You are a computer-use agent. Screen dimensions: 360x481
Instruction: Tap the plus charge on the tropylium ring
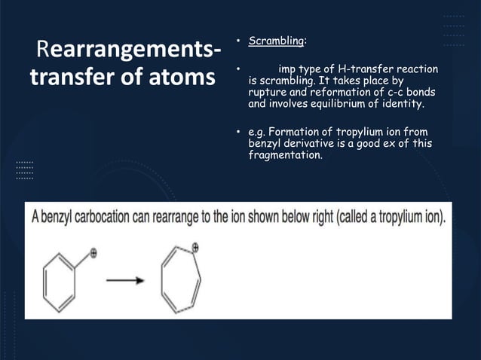click(x=195, y=246)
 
